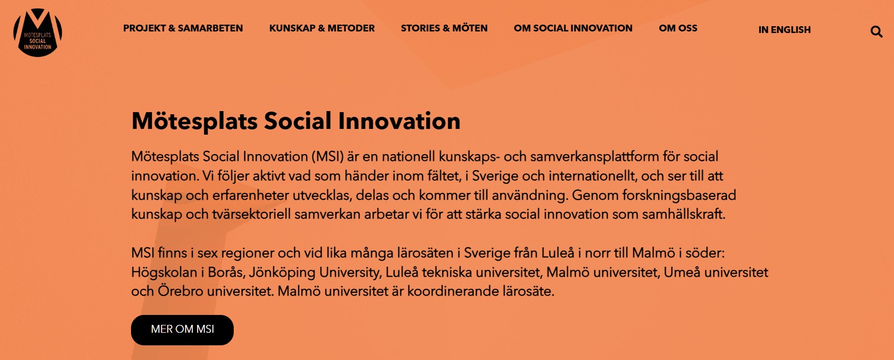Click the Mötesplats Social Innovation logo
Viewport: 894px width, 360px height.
point(38,32)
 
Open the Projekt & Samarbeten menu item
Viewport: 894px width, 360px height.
point(183,28)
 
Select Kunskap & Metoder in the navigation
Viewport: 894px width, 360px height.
point(322,28)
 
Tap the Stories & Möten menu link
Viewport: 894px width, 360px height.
point(444,28)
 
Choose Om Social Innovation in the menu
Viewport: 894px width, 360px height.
point(573,28)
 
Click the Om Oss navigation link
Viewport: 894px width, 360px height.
point(678,28)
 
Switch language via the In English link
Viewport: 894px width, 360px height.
point(784,30)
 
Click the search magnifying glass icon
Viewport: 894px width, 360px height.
point(876,31)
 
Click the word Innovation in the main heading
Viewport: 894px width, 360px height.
point(399,121)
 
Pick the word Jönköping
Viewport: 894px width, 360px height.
point(282,272)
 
